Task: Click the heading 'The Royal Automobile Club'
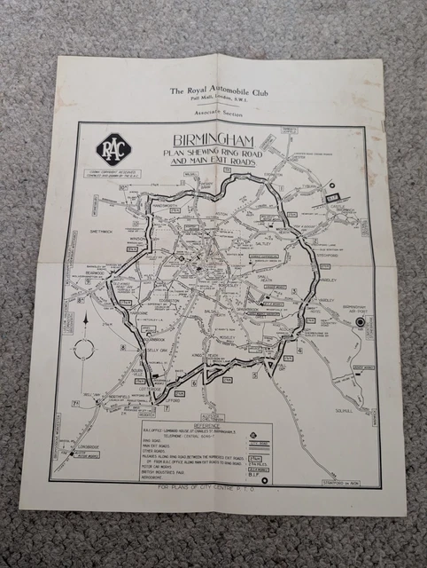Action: (219, 90)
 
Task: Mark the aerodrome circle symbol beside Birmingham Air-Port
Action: (360, 320)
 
